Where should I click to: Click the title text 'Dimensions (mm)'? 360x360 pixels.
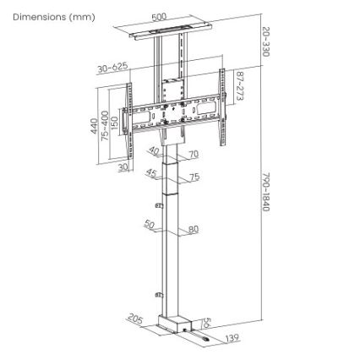[x=53, y=16]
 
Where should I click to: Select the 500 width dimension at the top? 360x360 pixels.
[x=159, y=16]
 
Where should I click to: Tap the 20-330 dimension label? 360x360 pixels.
[x=265, y=41]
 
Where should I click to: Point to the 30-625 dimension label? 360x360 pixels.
[x=112, y=66]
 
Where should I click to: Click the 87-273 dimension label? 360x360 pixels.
[x=239, y=85]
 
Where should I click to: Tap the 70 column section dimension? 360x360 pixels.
[x=193, y=155]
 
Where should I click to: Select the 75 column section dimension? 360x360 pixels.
[x=194, y=177]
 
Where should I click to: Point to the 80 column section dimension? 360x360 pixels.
[x=194, y=229]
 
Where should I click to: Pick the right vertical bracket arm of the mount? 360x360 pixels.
[x=223, y=106]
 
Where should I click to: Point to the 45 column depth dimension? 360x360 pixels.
[x=151, y=172]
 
